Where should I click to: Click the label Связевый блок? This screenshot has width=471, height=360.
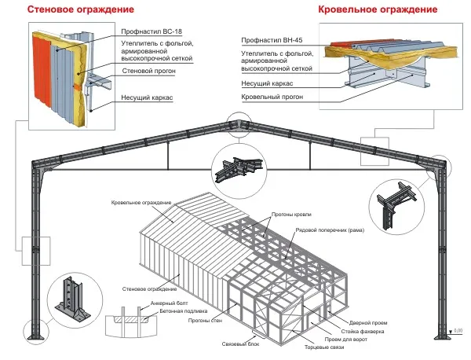pos(240,344)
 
